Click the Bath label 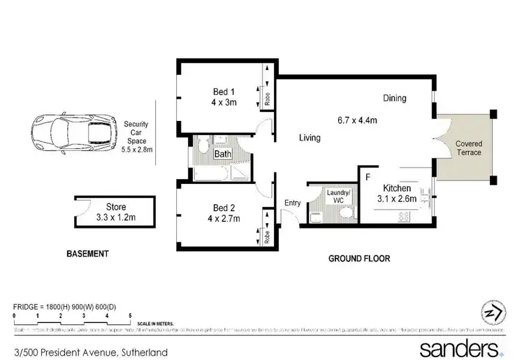(223, 154)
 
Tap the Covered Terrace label (469, 147)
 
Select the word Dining (394, 99)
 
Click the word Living (310, 138)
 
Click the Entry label (291, 203)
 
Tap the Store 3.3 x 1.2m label (115, 211)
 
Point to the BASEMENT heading (87, 254)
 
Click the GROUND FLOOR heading (359, 259)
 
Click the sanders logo (457, 347)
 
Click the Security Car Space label (136, 136)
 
